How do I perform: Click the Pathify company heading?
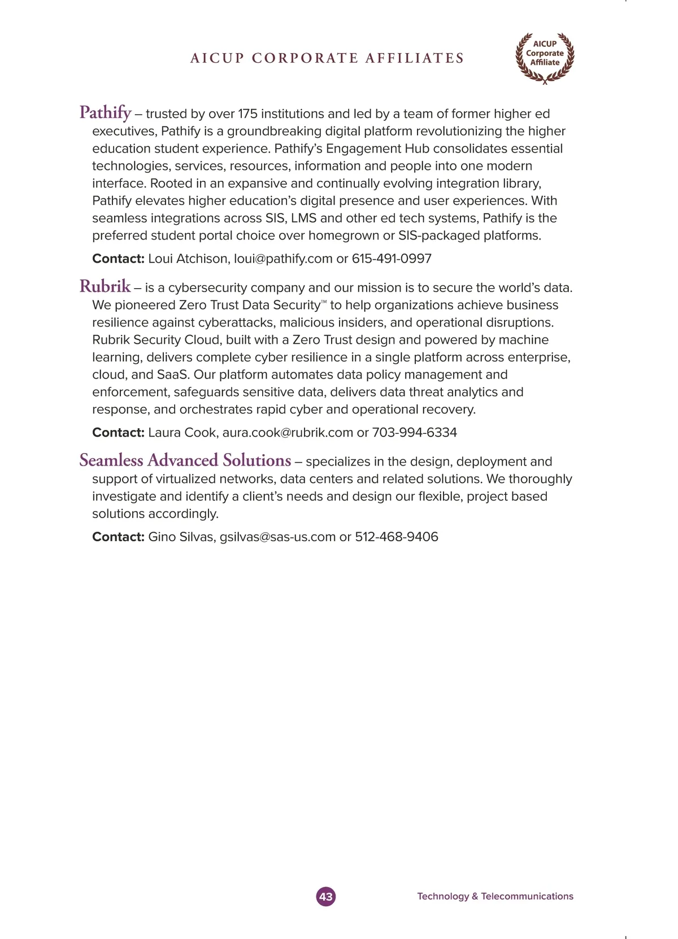click(105, 112)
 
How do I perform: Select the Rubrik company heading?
click(105, 286)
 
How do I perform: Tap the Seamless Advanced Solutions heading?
click(185, 460)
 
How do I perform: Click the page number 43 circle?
click(325, 896)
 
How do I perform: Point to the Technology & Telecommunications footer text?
click(495, 896)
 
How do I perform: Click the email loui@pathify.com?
click(283, 259)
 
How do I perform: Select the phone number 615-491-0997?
click(392, 259)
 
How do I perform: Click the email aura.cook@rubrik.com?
click(288, 433)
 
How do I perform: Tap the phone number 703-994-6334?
click(414, 433)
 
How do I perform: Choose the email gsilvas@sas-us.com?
click(277, 537)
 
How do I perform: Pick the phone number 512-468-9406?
click(396, 537)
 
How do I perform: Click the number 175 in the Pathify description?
click(247, 114)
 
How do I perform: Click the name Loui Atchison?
click(189, 259)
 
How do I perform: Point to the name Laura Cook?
click(182, 433)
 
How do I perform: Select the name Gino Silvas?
click(181, 537)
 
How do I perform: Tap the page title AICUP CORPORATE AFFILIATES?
click(327, 58)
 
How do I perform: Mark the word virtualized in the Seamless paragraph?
click(188, 479)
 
